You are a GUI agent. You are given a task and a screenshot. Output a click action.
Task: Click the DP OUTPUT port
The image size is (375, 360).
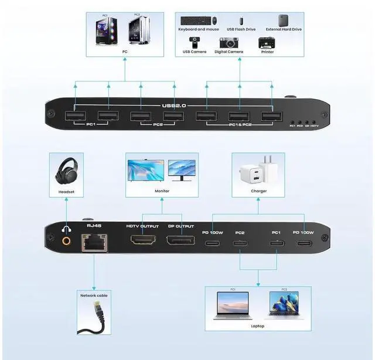coord(180,240)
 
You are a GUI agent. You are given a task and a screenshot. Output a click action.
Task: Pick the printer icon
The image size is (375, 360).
coord(267,43)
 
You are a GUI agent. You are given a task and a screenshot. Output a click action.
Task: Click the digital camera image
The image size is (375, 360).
coord(230,43)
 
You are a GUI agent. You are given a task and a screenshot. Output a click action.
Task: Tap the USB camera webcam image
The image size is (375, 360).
coord(194,42)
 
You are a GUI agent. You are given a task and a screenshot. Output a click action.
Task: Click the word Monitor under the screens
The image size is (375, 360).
coord(162,191)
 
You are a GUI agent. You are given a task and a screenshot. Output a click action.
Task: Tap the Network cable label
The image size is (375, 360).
coord(94,296)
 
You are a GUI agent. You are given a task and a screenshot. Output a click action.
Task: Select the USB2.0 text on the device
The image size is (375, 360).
coord(174,106)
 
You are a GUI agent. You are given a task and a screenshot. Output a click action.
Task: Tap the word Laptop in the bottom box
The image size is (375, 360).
coord(258,326)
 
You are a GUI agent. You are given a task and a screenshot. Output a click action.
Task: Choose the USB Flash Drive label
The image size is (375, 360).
coord(241,29)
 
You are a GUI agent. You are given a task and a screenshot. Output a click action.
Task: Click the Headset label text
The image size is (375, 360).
coord(66,192)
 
